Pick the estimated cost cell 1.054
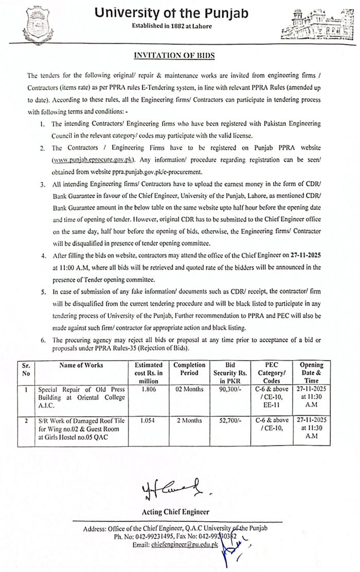(148, 420)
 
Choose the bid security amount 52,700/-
(230, 420)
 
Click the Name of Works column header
(81, 365)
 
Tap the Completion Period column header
(189, 369)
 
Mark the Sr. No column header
(26, 369)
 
